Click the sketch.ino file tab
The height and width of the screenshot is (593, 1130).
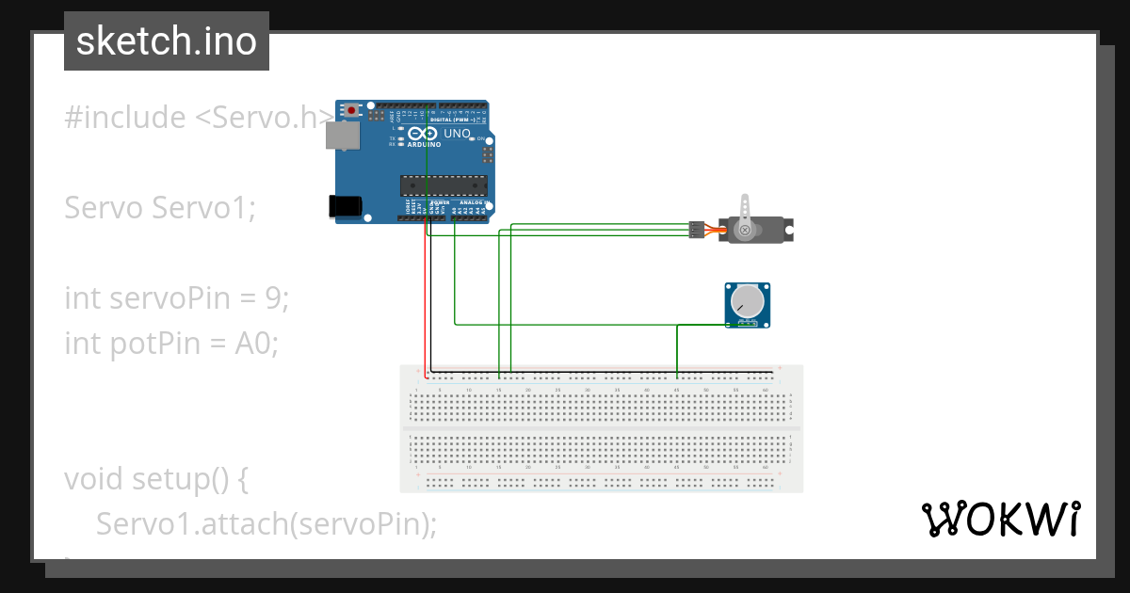[167, 41]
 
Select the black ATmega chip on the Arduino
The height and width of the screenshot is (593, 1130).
[443, 187]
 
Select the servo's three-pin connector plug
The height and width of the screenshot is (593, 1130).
[696, 230]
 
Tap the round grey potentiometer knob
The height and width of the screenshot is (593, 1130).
[748, 301]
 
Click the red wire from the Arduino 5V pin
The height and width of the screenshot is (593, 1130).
[424, 301]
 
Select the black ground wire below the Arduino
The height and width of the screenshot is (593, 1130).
[430, 301]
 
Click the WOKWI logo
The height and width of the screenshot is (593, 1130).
[1000, 520]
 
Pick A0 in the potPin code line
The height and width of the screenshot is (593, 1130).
[254, 344]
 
